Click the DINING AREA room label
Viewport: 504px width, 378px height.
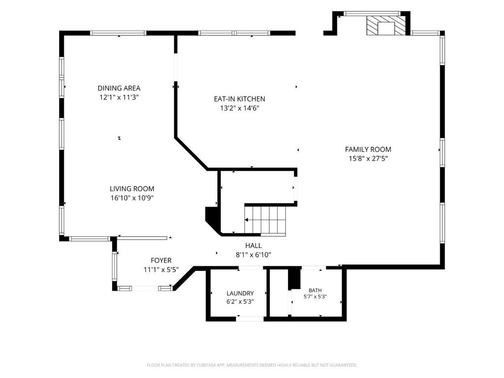point(119,88)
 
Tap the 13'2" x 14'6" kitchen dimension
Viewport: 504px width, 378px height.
point(240,108)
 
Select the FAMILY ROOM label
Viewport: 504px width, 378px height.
point(368,150)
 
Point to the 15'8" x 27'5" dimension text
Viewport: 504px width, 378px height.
point(368,158)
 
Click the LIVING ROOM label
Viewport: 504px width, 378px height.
point(132,189)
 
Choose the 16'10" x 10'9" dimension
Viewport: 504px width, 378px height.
point(132,198)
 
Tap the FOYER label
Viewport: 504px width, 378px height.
point(161,260)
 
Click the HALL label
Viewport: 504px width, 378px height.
point(253,246)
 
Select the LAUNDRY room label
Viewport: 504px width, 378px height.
point(240,293)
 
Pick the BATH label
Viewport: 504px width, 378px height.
point(315,290)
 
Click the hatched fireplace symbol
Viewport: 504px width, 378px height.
point(386,26)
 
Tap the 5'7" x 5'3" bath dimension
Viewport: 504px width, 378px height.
point(315,297)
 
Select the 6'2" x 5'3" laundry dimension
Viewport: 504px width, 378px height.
point(240,302)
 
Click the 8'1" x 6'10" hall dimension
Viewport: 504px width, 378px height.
point(253,255)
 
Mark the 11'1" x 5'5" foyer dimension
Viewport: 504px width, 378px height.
point(161,269)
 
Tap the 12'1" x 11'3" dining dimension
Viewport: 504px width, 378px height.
point(119,97)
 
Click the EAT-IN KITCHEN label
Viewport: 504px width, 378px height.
point(240,99)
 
